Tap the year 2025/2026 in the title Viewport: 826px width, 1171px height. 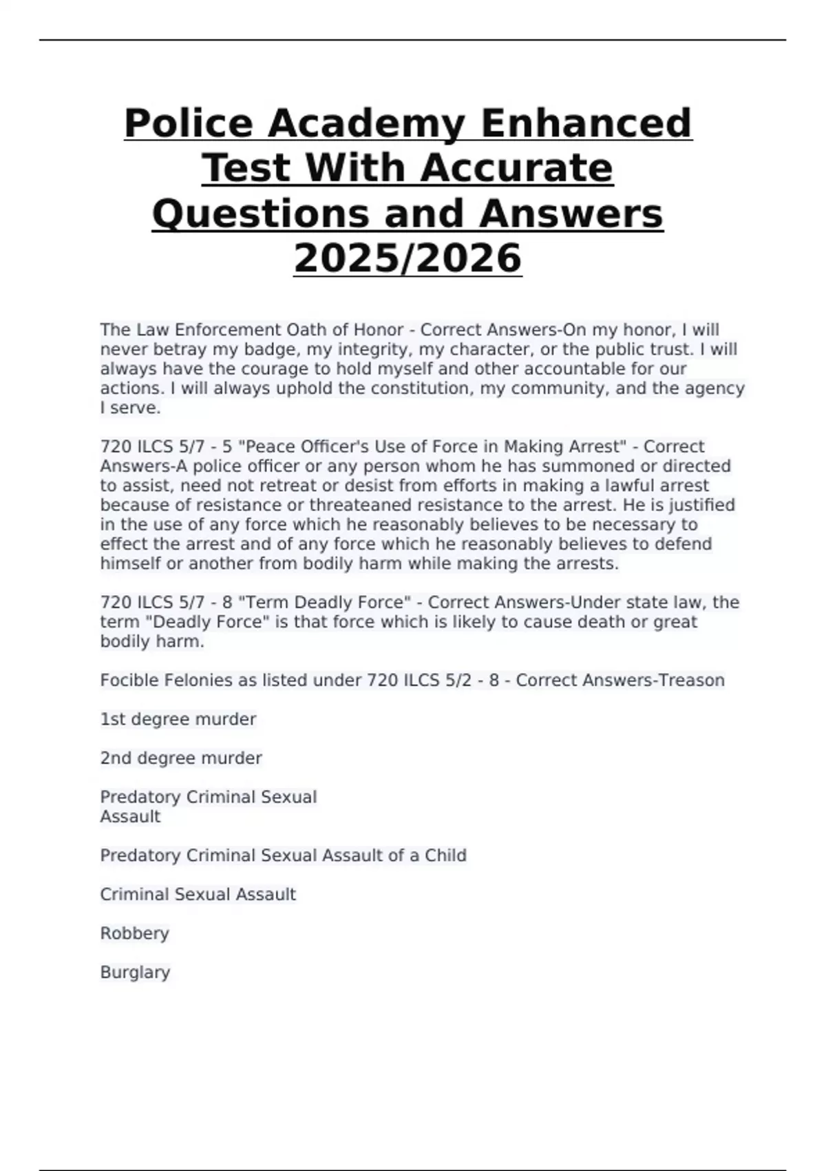coord(407,258)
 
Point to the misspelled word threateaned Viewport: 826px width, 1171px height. coord(363,505)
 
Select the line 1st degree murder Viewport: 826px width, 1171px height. coord(178,719)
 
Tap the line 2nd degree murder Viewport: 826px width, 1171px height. coord(180,758)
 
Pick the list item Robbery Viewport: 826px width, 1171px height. coord(134,933)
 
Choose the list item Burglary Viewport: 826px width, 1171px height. coord(135,973)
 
